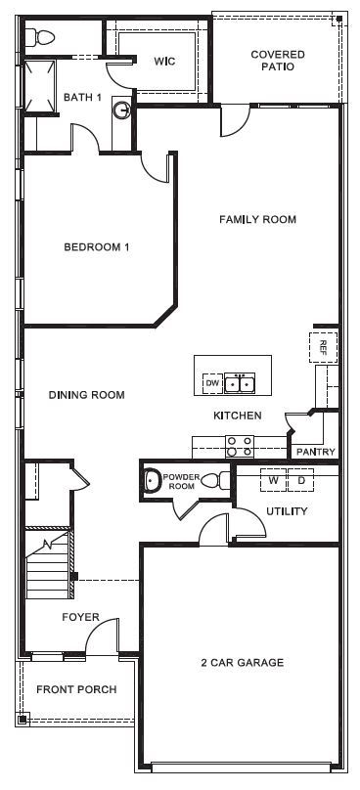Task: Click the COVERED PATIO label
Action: click(277, 61)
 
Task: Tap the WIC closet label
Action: click(163, 61)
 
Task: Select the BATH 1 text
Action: click(82, 97)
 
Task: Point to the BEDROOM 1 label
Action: click(97, 247)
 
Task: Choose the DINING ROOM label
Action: click(87, 395)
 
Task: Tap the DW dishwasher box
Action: click(211, 384)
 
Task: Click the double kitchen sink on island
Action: click(240, 384)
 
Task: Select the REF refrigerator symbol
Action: click(324, 346)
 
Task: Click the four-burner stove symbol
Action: click(240, 446)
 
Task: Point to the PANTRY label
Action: click(315, 452)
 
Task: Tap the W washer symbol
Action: click(274, 480)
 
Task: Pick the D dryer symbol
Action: click(301, 480)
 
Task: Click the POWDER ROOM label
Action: click(181, 482)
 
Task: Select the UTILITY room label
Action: click(287, 511)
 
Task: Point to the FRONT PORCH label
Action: click(76, 689)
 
